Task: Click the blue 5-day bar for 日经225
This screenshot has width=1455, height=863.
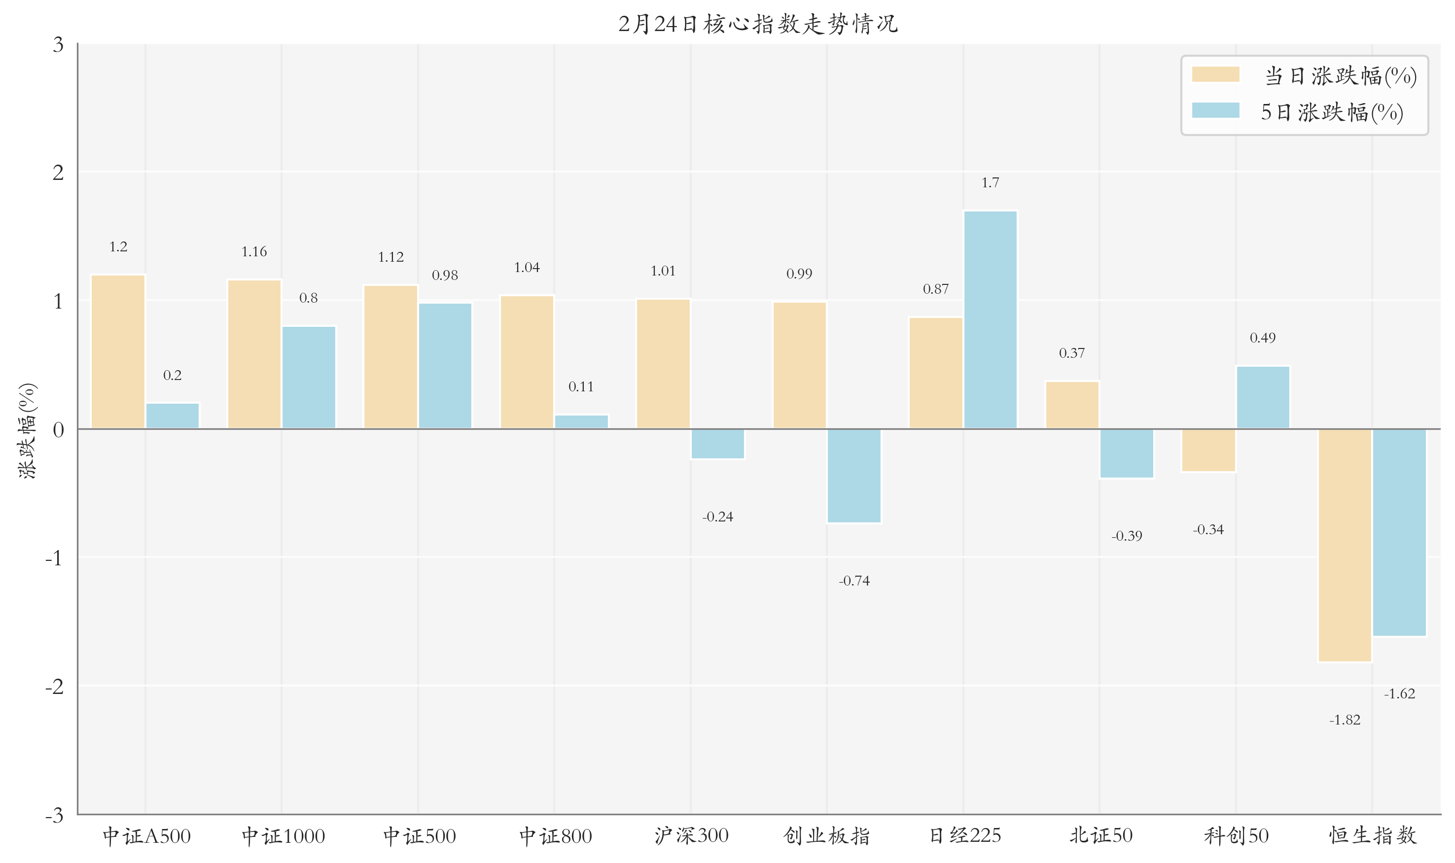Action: coord(990,320)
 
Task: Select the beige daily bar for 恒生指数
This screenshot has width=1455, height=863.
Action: coord(1345,546)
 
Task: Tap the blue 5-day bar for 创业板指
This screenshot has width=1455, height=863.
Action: coord(854,476)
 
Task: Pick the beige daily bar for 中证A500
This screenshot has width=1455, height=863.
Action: coord(118,352)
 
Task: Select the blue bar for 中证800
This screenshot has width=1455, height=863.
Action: coord(581,421)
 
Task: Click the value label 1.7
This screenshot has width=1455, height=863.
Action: coord(990,182)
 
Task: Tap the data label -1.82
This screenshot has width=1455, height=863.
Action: coord(1345,720)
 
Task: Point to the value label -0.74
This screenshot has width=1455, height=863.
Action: coord(854,581)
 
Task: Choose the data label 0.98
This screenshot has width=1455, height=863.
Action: coord(445,275)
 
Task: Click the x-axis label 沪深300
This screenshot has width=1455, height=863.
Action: coord(691,836)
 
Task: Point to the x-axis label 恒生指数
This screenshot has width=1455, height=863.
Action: coord(1372,836)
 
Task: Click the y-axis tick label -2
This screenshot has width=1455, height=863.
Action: coord(54,687)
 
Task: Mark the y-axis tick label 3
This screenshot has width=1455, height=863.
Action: coord(58,44)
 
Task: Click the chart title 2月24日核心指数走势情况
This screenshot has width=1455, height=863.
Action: coord(758,24)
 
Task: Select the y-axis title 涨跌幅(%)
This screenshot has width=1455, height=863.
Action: coord(27,430)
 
